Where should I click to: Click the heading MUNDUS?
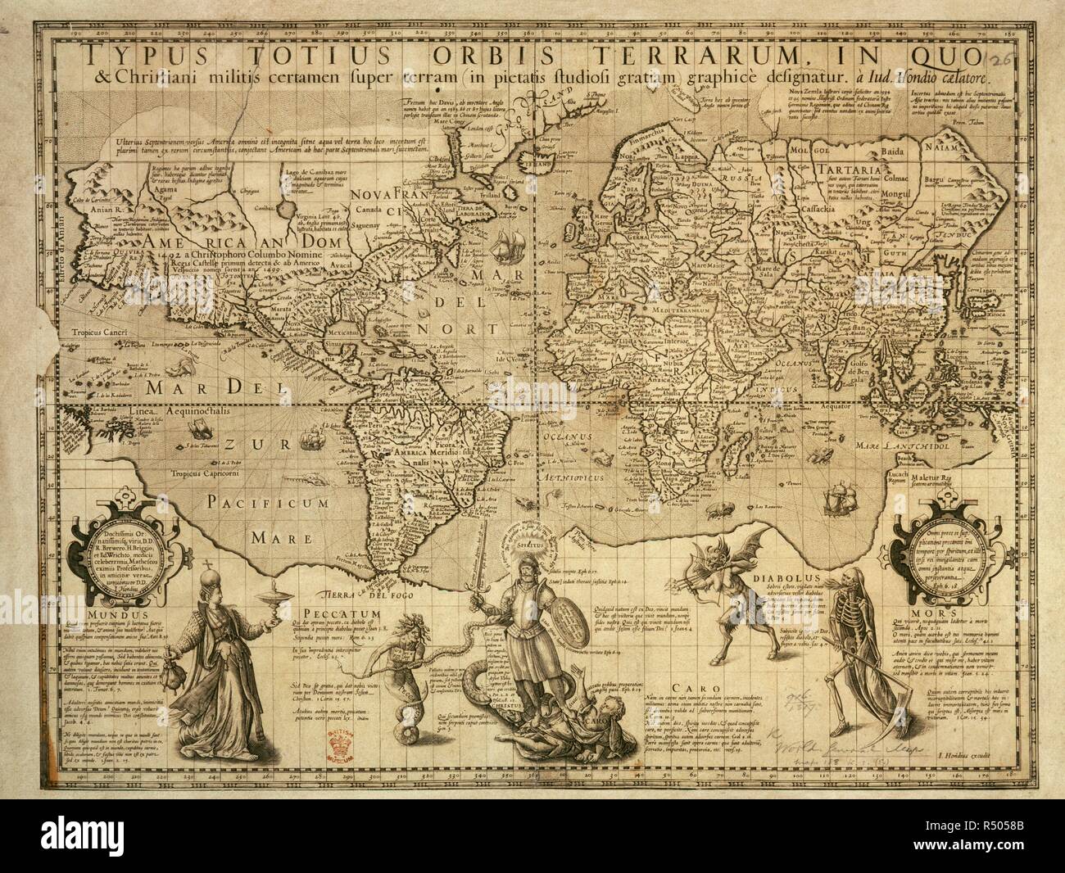pyautogui.click(x=116, y=612)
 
